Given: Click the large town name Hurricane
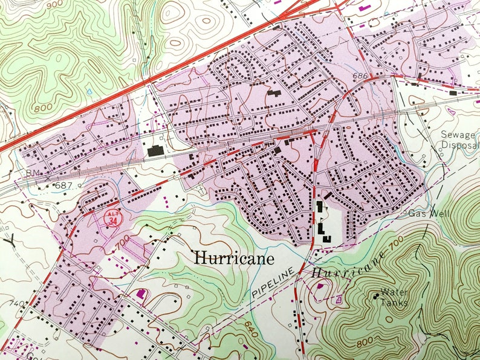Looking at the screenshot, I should point(225,258).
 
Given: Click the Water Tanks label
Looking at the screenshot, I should point(394,297).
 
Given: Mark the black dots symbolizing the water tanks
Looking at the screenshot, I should point(377,295).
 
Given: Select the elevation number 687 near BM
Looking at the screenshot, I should point(63,185).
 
